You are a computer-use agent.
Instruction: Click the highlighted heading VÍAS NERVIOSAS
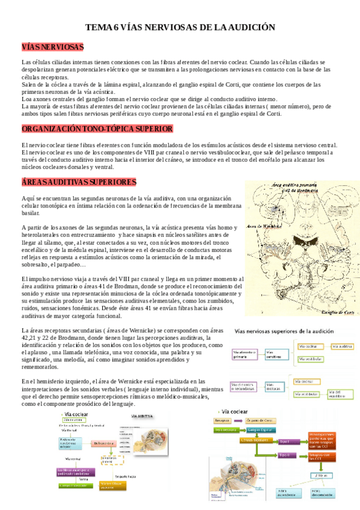pos(52,47)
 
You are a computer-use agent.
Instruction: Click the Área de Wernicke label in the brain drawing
pos(263,226)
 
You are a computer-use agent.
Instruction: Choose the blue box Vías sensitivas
pos(276,355)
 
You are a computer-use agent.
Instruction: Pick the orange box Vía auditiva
pos(343,346)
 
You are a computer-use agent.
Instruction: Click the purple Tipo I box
pos(284,442)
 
